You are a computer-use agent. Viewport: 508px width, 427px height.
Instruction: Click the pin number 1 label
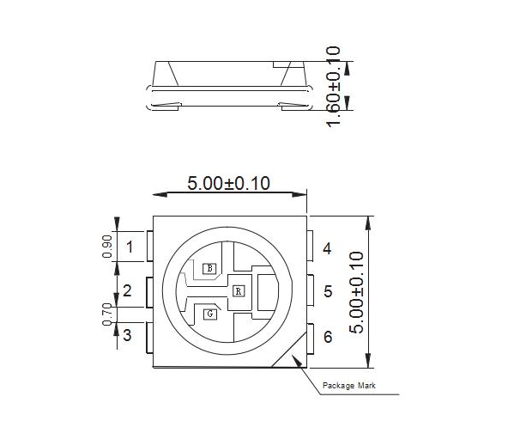130,249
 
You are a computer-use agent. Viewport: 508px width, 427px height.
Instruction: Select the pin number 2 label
127,291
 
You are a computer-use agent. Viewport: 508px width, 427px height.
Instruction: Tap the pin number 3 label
127,336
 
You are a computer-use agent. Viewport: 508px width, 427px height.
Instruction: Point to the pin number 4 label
327,249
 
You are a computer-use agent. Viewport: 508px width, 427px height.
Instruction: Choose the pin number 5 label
328,292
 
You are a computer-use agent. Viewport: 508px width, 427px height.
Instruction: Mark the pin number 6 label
328,337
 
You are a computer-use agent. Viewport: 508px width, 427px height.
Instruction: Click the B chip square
209,268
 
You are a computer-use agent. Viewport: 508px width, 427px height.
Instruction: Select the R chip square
238,290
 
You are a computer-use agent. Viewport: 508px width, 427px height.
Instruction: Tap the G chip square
209,314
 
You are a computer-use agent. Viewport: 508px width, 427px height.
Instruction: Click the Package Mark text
348,385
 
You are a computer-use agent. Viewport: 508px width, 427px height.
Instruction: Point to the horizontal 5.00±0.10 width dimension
228,184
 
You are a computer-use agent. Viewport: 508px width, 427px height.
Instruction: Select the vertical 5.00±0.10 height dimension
358,292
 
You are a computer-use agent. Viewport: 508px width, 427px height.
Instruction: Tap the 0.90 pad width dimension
107,247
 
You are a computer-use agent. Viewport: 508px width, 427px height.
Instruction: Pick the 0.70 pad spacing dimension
107,314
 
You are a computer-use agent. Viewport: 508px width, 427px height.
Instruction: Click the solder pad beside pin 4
310,247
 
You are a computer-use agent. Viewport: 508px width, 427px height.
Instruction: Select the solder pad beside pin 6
310,337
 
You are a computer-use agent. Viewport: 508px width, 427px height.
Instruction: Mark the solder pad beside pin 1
150,247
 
